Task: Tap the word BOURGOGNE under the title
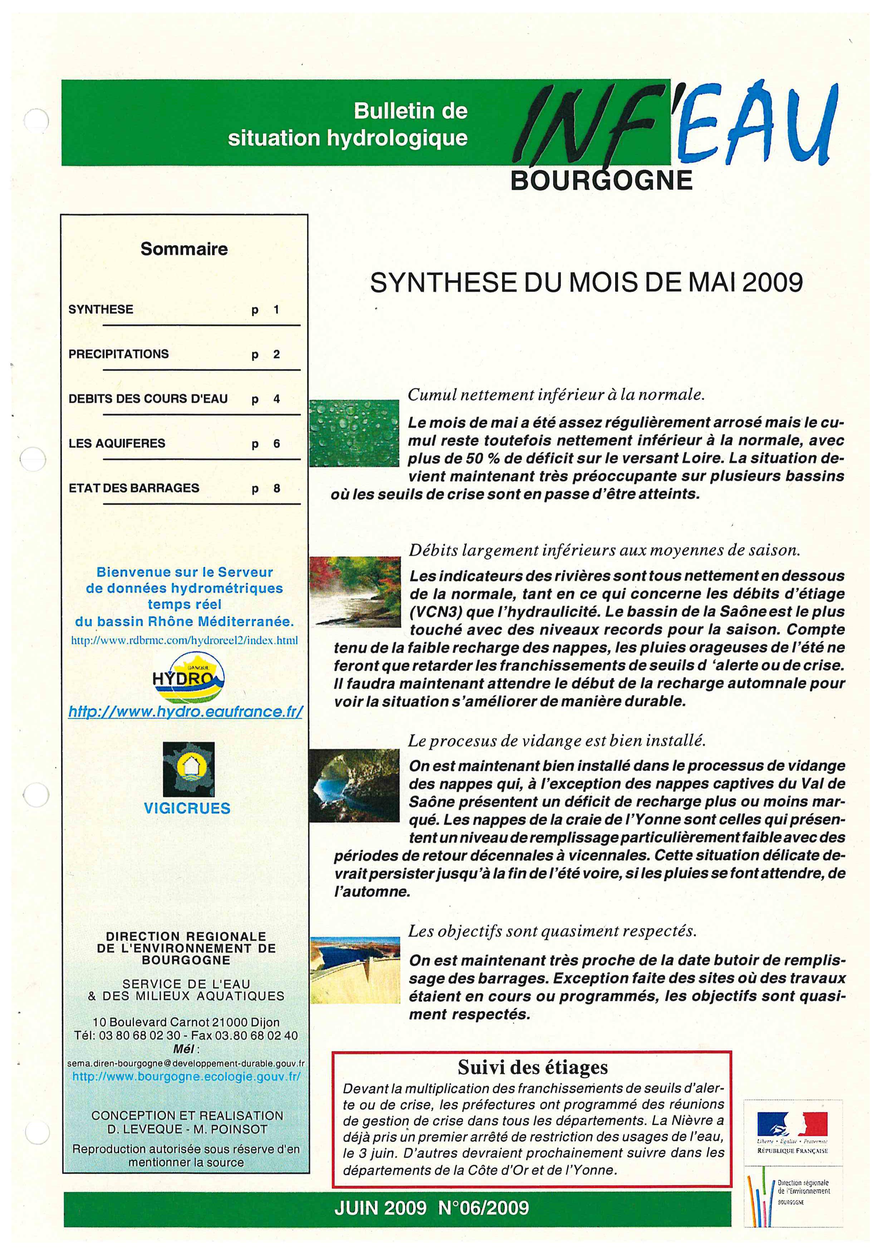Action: (601, 180)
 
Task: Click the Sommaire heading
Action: (184, 249)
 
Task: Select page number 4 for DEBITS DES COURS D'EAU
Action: (276, 399)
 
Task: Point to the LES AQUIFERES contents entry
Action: (117, 443)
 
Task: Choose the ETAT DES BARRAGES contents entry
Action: (134, 488)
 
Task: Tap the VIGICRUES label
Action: (187, 808)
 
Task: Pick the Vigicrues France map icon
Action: (188, 769)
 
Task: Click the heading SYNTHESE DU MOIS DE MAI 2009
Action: (587, 283)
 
